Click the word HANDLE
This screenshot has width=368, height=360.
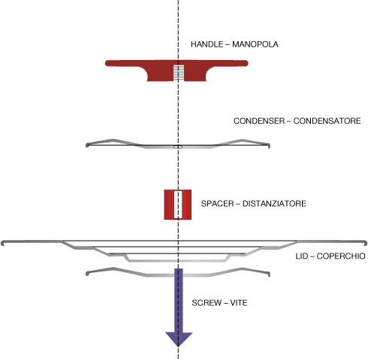point(207,44)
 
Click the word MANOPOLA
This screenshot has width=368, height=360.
point(255,44)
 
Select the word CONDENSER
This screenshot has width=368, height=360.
point(259,121)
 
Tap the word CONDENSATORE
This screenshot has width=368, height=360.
point(327,121)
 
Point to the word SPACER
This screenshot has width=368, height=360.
point(217,203)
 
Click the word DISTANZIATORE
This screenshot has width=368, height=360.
point(274,203)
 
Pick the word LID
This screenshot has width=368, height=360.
point(303,256)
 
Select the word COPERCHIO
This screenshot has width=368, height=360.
point(341,256)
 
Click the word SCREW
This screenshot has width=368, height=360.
point(207,303)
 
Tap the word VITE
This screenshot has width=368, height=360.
point(239,303)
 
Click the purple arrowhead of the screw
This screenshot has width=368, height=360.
point(179,339)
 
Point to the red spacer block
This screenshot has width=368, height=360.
point(178,205)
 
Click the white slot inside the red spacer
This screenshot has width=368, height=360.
point(178,205)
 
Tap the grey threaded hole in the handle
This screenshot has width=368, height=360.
point(179,73)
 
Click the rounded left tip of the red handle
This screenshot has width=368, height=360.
point(107,63)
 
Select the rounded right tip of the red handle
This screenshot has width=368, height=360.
point(246,63)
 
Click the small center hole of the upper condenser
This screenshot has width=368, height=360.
point(178,147)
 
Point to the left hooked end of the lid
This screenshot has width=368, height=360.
point(2,243)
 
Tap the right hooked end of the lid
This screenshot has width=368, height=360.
point(366,243)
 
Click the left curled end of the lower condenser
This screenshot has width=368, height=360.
point(87,274)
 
